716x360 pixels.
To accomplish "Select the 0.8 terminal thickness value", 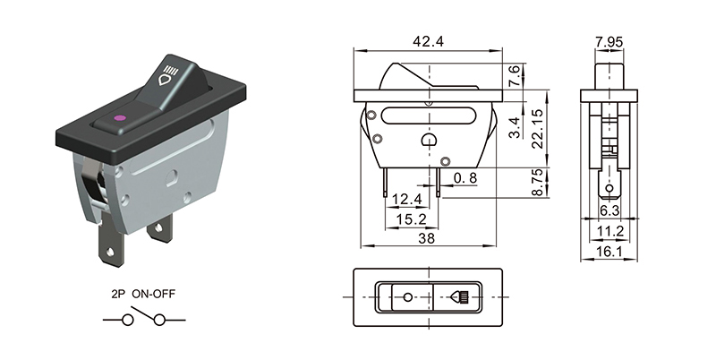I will click(x=465, y=179).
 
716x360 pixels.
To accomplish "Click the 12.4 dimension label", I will click(x=407, y=199).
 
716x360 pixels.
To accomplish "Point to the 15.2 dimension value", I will click(x=408, y=219).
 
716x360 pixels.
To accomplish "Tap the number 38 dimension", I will click(x=427, y=239).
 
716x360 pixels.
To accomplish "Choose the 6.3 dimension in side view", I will click(x=609, y=211).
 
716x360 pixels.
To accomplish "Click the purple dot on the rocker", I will click(x=120, y=116).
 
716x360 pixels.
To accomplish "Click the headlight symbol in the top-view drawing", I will click(x=462, y=296).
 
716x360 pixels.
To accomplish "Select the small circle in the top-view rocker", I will click(x=408, y=296).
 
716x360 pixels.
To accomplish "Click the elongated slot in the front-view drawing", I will click(x=427, y=116).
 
